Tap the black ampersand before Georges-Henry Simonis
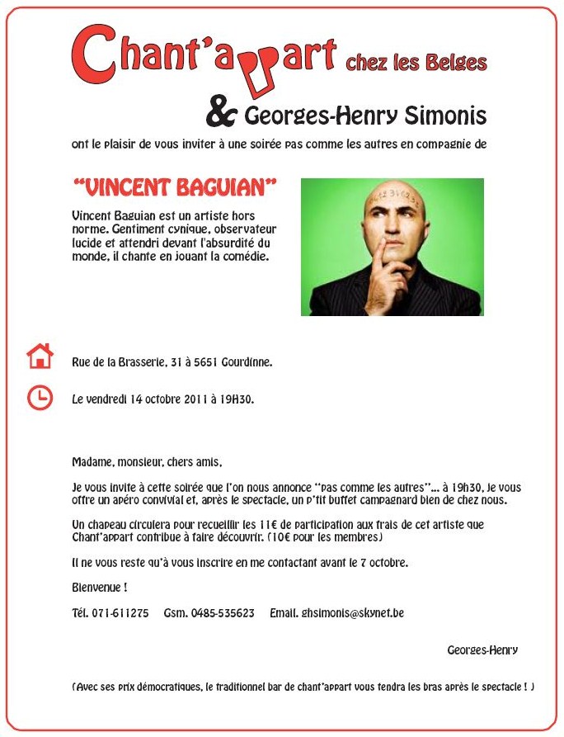click(x=222, y=114)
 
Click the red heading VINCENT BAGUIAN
click(x=174, y=188)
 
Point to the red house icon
click(x=40, y=357)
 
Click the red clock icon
click(x=40, y=397)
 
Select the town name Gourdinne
click(x=246, y=362)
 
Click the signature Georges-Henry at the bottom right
click(x=482, y=650)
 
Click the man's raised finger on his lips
click(x=381, y=245)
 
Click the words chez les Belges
click(x=416, y=63)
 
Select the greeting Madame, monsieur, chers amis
click(x=147, y=462)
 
